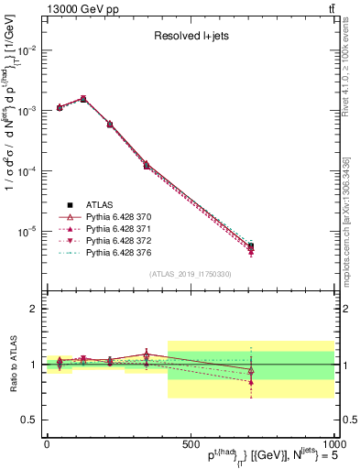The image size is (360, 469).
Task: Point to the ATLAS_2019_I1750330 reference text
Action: (x=190, y=274)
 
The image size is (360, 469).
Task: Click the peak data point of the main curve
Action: (x=83, y=98)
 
